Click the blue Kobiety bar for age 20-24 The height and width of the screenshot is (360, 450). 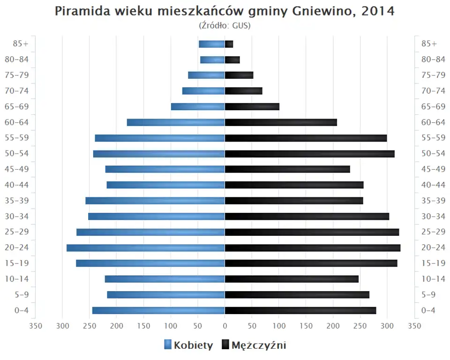pos(146,247)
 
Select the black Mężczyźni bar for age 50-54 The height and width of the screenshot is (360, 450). pos(309,154)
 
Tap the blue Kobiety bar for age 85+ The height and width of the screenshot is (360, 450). pos(212,44)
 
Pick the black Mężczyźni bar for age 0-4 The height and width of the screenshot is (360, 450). pos(300,310)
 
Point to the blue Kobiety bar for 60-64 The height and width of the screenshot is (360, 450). pos(176,122)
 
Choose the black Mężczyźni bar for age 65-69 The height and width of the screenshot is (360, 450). pos(252,106)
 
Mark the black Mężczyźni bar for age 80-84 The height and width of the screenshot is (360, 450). pos(232,60)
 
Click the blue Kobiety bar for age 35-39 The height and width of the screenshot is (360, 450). pos(155,201)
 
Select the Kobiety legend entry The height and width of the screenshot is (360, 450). pos(188,345)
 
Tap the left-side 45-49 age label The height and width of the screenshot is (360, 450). pos(17,169)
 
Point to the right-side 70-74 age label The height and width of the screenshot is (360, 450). pos(433,91)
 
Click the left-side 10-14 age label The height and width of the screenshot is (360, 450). pos(17,279)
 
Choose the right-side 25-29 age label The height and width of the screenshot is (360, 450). pos(433,232)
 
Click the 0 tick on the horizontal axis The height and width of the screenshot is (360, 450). pos(225,326)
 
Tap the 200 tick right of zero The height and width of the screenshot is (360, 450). pos(333,326)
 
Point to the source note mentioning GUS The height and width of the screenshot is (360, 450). pos(225,25)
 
